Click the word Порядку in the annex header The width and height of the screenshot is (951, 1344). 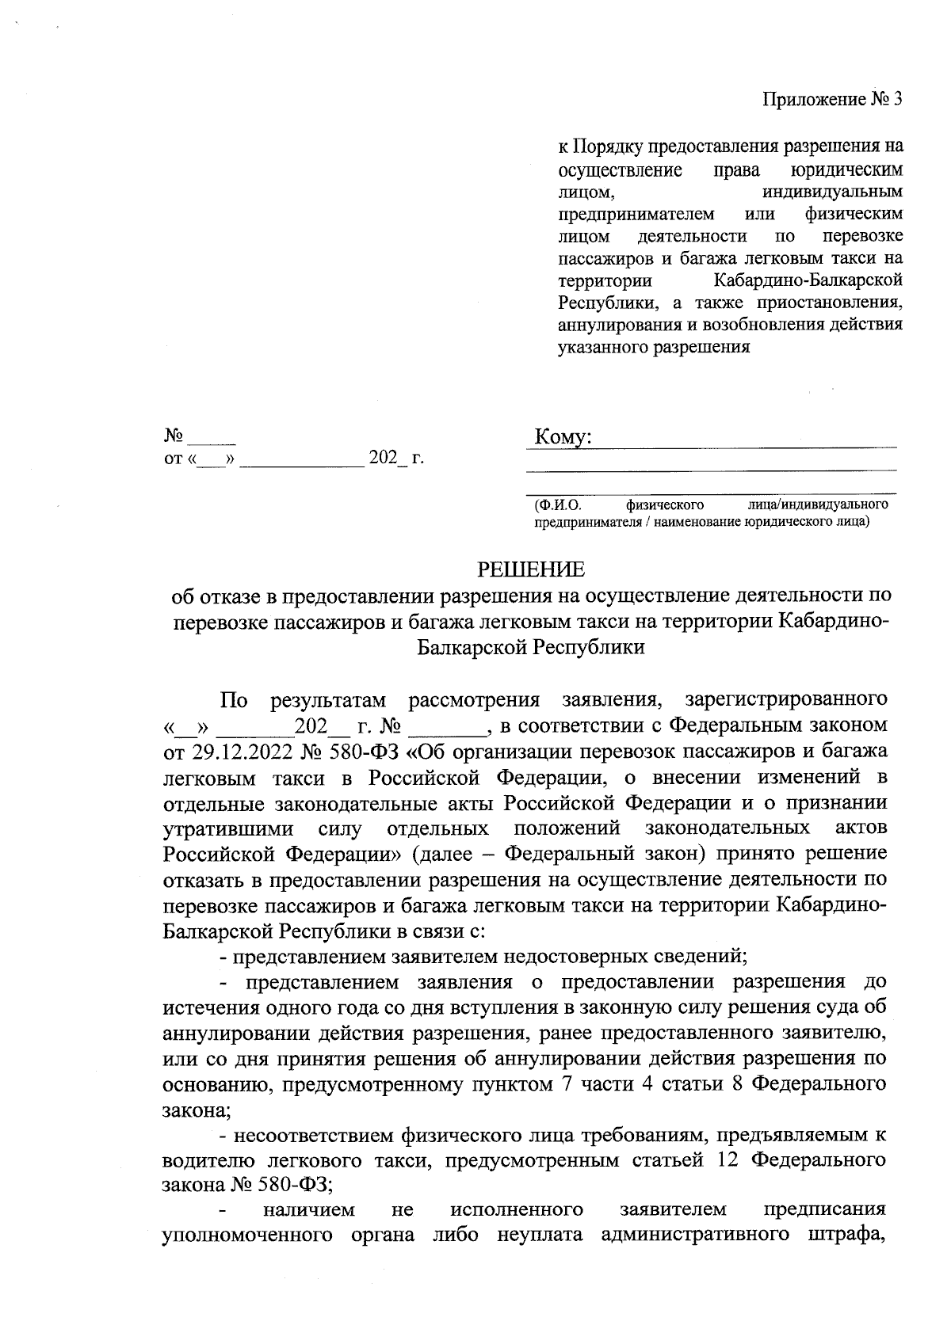pos(609,147)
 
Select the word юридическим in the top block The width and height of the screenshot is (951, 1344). pos(847,169)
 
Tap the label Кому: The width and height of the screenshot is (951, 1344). pos(563,438)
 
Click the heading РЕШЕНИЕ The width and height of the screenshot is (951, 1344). pos(530,569)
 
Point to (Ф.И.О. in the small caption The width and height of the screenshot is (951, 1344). pos(557,504)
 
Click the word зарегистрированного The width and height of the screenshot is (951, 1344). pos(785,700)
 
